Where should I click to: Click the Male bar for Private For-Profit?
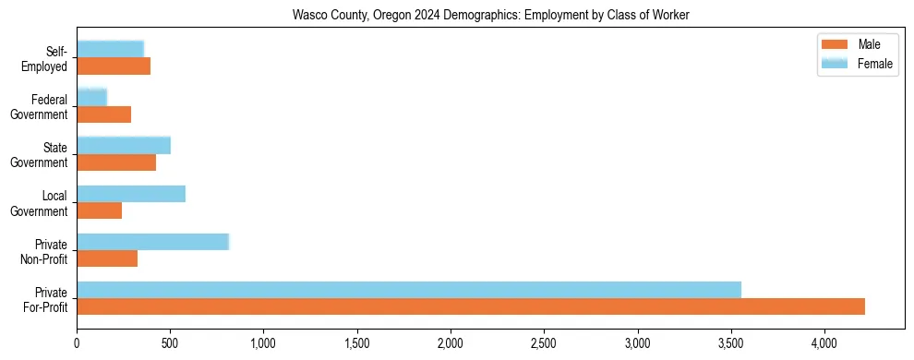tap(471, 306)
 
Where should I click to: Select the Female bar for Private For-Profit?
tap(409, 290)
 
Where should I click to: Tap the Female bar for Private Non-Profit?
tap(152, 242)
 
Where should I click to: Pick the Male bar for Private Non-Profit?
tap(107, 258)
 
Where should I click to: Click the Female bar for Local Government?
tap(131, 194)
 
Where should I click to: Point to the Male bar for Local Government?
tap(100, 210)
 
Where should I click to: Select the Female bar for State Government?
tap(124, 145)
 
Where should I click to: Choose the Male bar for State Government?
tap(116, 162)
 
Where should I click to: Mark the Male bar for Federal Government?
tap(104, 114)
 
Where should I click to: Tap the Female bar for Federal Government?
tap(92, 97)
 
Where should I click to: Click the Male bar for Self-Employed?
tap(114, 66)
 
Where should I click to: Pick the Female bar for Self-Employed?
tap(111, 49)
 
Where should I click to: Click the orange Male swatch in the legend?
tap(835, 44)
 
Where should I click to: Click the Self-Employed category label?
tap(50, 58)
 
